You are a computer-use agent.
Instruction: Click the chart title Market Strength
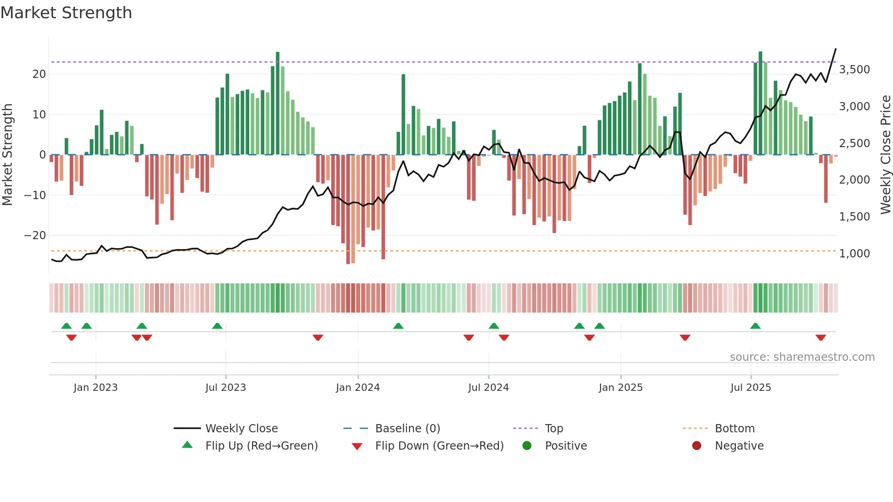pyautogui.click(x=66, y=13)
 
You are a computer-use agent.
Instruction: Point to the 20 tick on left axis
pyautogui.click(x=39, y=74)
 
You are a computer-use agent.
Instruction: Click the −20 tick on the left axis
pyautogui.click(x=35, y=236)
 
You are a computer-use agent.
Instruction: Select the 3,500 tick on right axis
pyautogui.click(x=854, y=70)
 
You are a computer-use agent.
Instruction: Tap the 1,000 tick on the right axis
pyautogui.click(x=854, y=254)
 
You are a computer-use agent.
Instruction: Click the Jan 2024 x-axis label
pyautogui.click(x=358, y=388)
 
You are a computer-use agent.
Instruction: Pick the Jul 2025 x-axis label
pyautogui.click(x=750, y=388)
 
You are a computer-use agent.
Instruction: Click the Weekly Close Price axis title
pyautogui.click(x=885, y=155)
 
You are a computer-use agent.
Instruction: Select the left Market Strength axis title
pyautogui.click(x=8, y=155)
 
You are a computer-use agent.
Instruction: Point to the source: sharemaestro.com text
pyautogui.click(x=802, y=357)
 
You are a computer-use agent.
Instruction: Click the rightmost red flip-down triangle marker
pyautogui.click(x=821, y=338)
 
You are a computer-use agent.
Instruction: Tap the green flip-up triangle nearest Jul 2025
pyautogui.click(x=755, y=326)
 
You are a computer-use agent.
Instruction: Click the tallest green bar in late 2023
pyautogui.click(x=277, y=103)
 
